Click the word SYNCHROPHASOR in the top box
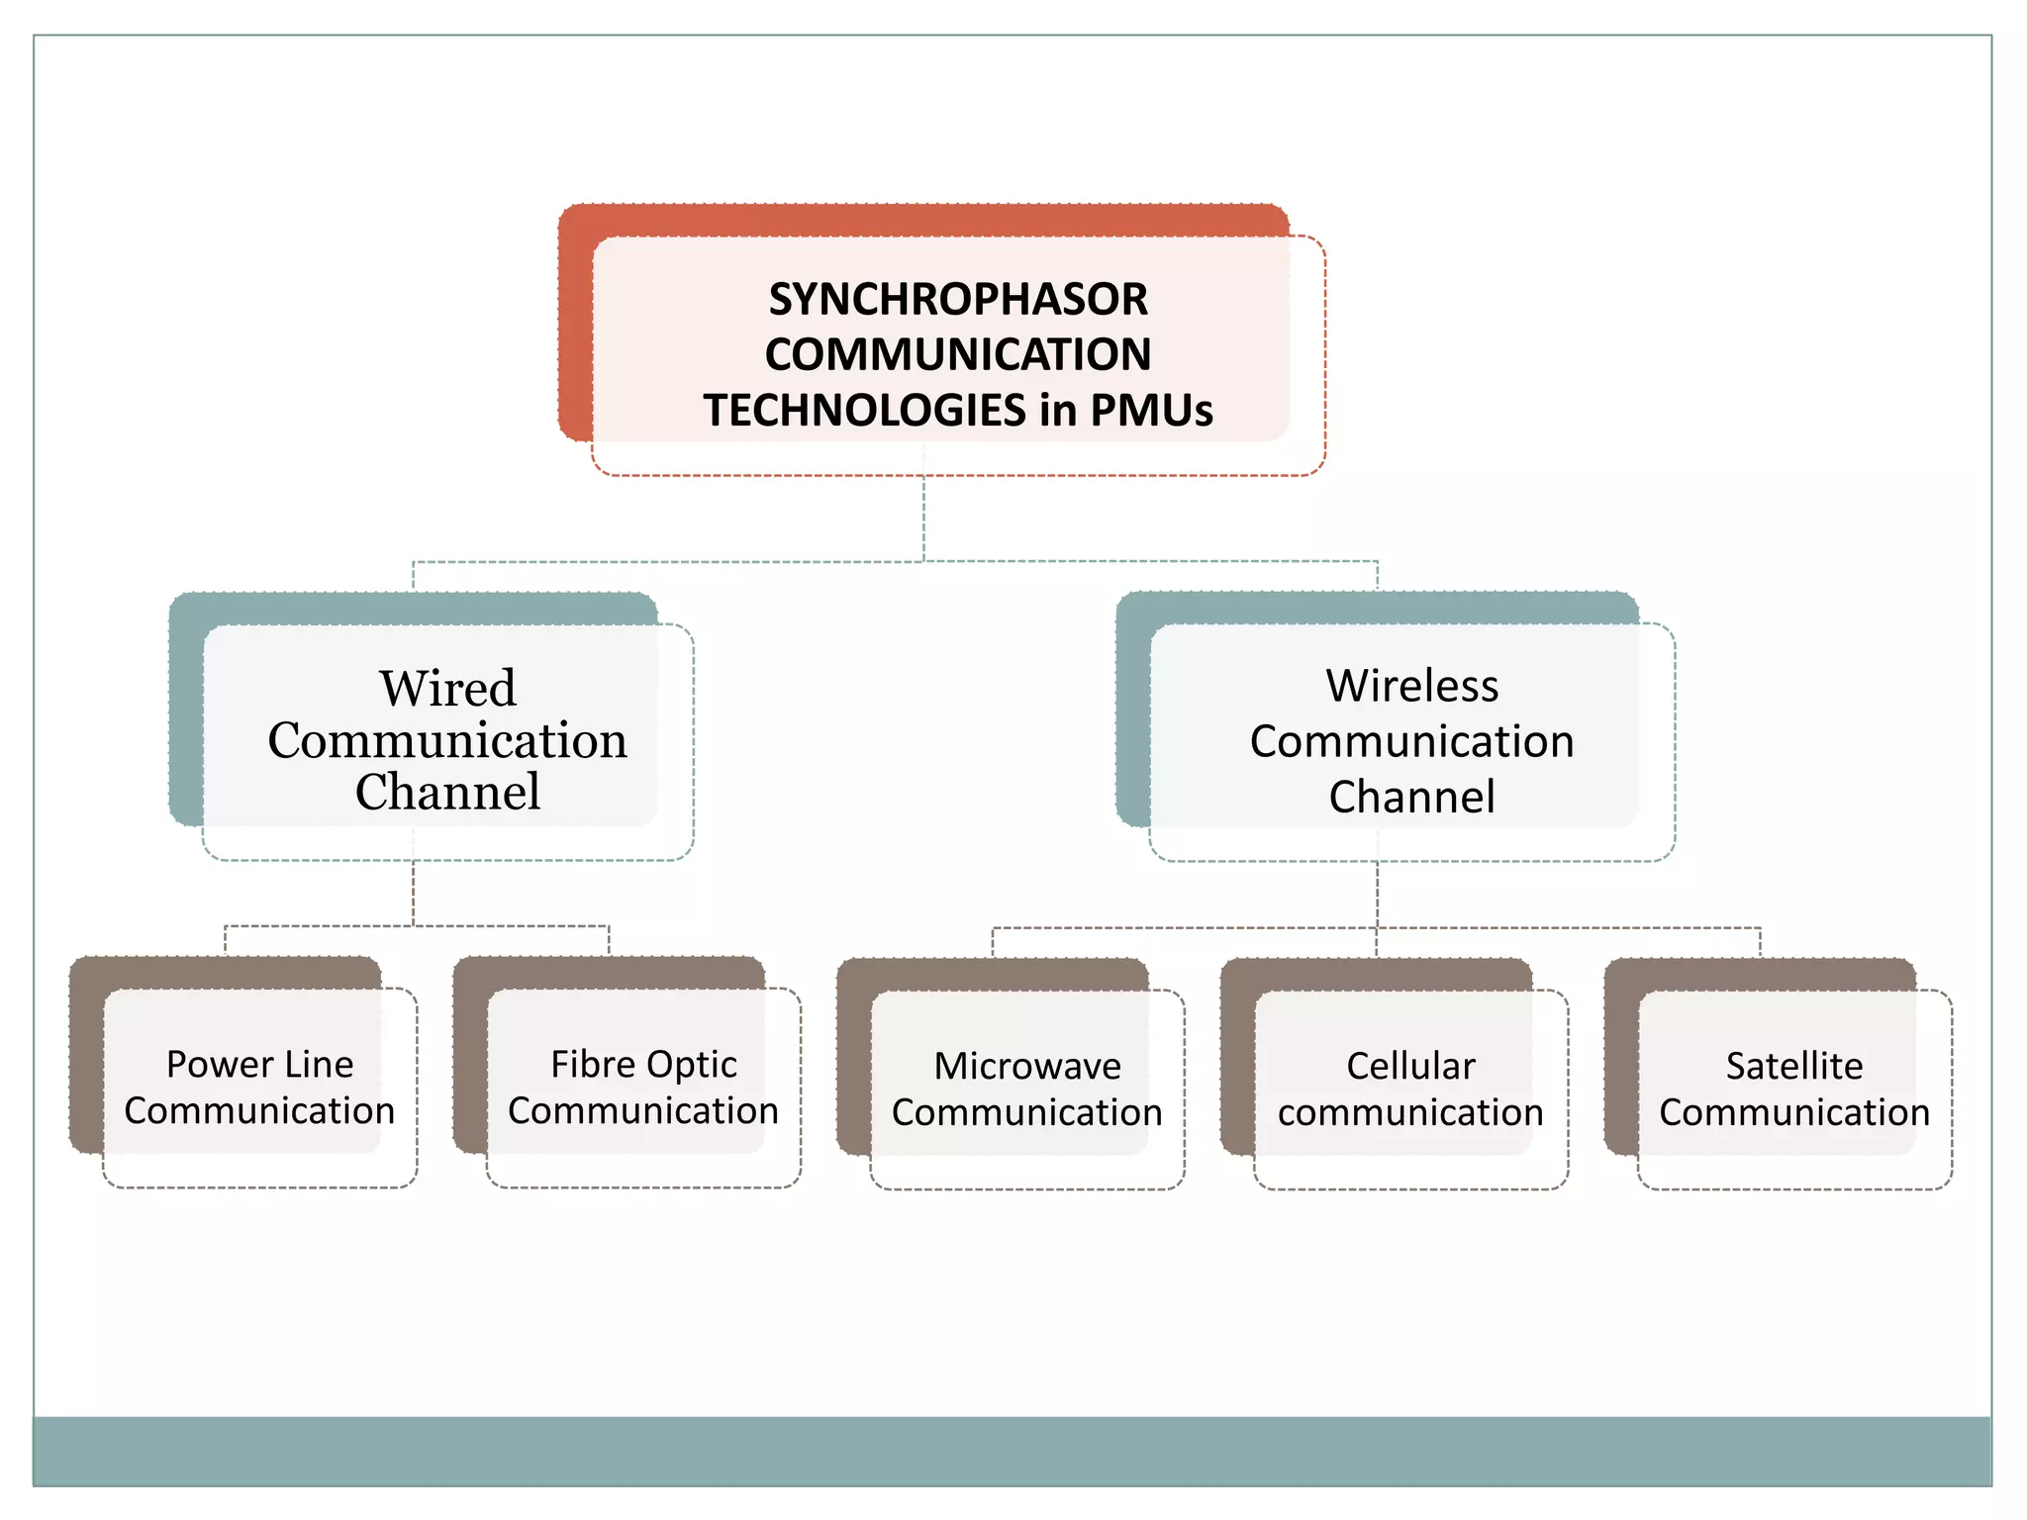point(958,299)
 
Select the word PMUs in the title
point(1151,411)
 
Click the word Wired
point(447,688)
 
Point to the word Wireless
point(1411,686)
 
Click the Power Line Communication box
point(259,1088)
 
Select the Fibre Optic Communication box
point(643,1088)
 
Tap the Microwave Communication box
point(1026,1089)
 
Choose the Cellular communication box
point(1410,1089)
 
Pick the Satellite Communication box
point(1793,1089)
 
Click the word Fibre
point(588,1065)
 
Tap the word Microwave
point(1026,1066)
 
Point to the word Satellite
point(1793,1066)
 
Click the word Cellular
point(1410,1066)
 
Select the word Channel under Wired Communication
point(447,792)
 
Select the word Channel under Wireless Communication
point(1411,797)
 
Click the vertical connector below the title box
point(923,520)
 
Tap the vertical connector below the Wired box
point(413,894)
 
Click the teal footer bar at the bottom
point(1012,1451)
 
